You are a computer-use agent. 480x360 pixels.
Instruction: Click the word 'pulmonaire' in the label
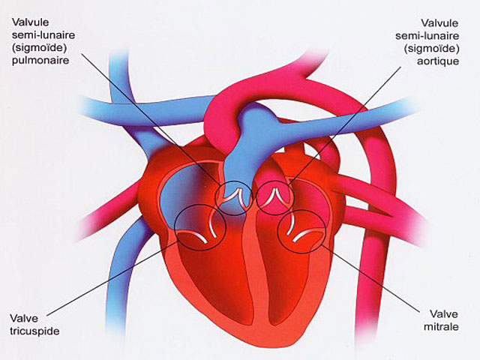pos(40,60)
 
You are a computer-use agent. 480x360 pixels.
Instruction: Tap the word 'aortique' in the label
pos(438,61)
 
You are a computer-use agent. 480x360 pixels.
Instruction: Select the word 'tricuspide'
pos(34,331)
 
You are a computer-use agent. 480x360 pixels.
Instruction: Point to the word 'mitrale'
pos(441,327)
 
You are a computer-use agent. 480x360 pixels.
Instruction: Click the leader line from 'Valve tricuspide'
pos(112,278)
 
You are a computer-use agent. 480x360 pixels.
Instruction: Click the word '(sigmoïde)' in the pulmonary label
pos(40,48)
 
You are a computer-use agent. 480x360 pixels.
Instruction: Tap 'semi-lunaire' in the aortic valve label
pos(427,36)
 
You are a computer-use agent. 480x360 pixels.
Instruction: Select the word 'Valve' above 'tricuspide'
pos(24,318)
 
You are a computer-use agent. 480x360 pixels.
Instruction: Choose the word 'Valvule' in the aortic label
pos(439,23)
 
